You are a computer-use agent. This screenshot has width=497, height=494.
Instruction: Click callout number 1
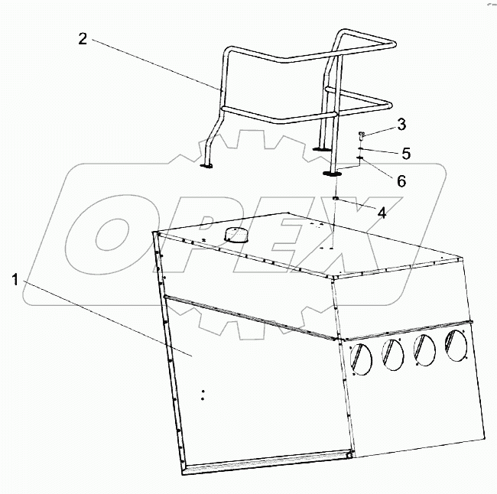15,281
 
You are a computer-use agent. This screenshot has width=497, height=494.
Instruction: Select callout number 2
83,39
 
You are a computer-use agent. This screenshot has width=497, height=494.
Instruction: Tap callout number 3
401,125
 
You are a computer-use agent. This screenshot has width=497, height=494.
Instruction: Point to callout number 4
382,213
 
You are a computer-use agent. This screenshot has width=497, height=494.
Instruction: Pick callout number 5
406,154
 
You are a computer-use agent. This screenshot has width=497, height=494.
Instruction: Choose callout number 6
401,181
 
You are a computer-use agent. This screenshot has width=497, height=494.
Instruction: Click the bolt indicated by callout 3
361,136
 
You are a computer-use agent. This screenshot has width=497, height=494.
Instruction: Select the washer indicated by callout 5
360,148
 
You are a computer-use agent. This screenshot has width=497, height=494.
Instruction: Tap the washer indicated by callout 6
360,158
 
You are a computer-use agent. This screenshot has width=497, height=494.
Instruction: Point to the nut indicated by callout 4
336,199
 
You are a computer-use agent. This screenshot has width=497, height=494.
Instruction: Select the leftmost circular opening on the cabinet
361,359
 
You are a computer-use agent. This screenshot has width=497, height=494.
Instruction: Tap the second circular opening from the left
393,355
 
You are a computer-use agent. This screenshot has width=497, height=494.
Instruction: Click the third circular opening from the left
424,350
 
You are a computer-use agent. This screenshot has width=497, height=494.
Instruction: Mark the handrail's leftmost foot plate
206,166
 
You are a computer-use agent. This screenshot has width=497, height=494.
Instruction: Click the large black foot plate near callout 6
332,174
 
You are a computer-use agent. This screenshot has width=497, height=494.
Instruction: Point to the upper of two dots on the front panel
203,392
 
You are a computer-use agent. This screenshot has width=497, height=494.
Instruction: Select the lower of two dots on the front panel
203,399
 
